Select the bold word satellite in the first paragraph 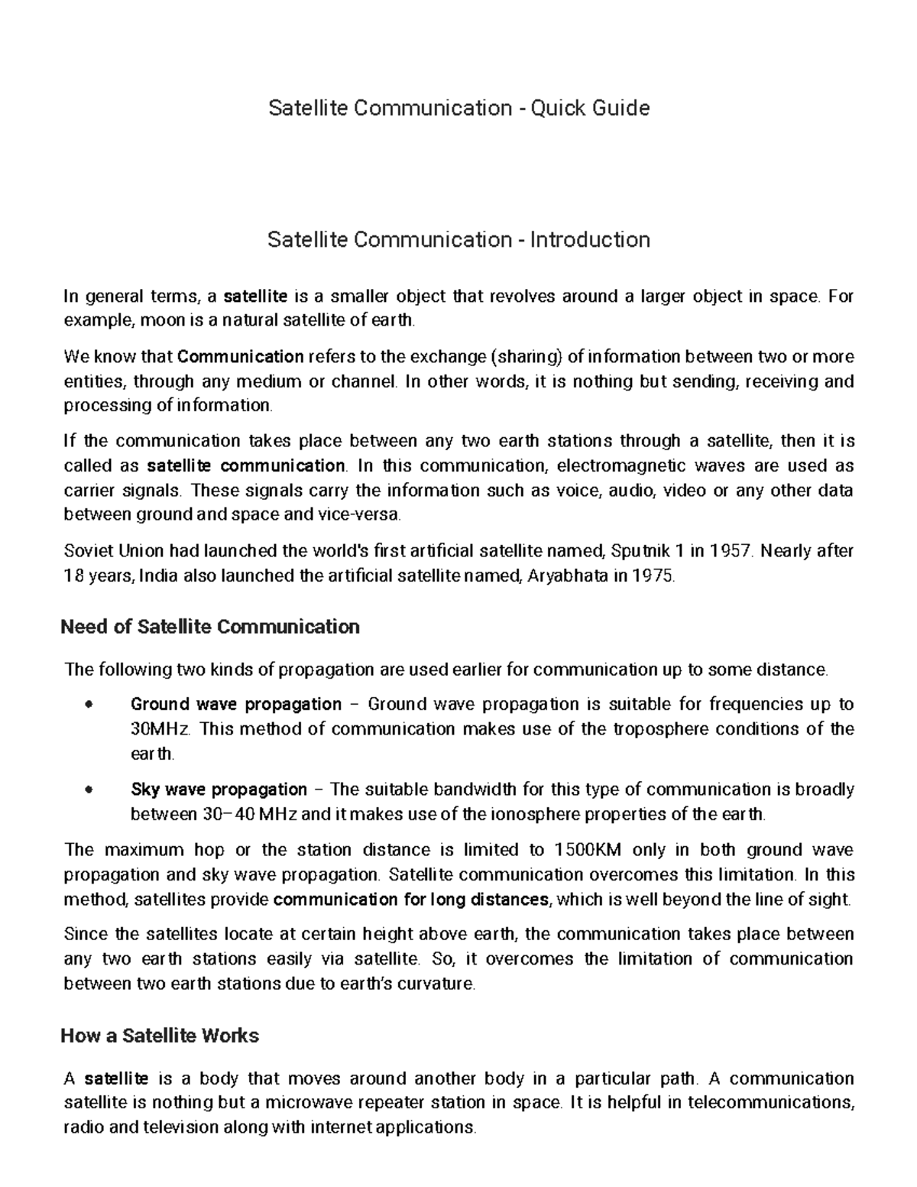click(x=255, y=296)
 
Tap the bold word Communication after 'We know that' click(x=241, y=356)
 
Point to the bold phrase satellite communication click(x=245, y=465)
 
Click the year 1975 click(x=654, y=576)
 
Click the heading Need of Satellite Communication click(x=209, y=628)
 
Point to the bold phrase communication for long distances click(x=411, y=899)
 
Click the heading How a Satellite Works click(x=160, y=1036)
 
